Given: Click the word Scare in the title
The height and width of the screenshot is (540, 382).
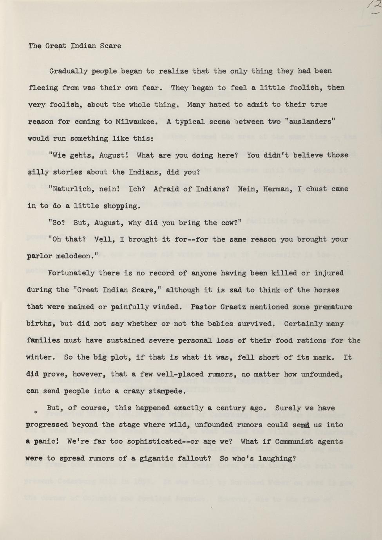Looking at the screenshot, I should pos(110,46).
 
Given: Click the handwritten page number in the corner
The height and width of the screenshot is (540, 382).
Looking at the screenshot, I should pos(375,7).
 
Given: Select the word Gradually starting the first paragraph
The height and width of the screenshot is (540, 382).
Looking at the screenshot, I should pos(68,71).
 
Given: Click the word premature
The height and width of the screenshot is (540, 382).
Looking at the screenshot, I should pos(333,307).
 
